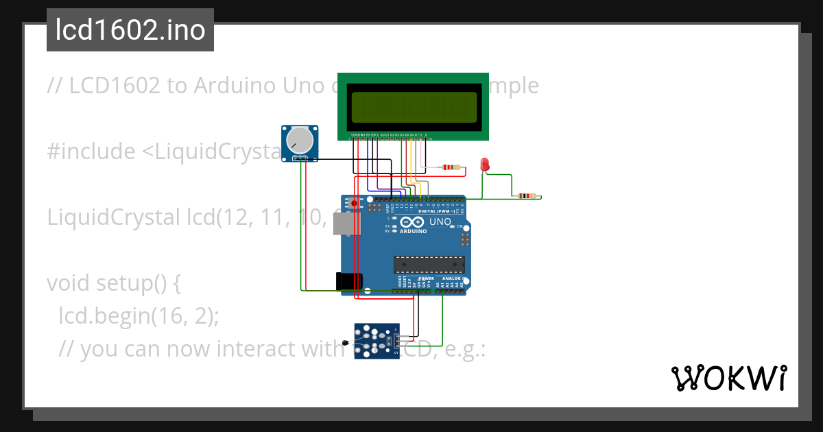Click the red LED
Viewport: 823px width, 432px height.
pyautogui.click(x=485, y=165)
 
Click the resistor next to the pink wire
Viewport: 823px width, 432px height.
pyautogui.click(x=451, y=167)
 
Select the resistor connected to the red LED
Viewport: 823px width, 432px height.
pyautogui.click(x=526, y=196)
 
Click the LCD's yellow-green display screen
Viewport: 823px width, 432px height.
pyautogui.click(x=414, y=106)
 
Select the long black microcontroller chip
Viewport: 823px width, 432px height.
pyautogui.click(x=429, y=265)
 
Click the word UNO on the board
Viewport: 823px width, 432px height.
pyautogui.click(x=440, y=221)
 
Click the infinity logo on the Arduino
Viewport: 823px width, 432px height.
pyautogui.click(x=411, y=222)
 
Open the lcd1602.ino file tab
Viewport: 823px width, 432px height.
pyautogui.click(x=130, y=30)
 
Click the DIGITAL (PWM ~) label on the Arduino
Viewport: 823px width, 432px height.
pyautogui.click(x=440, y=211)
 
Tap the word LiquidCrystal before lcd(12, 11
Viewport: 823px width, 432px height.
pyautogui.click(x=114, y=217)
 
